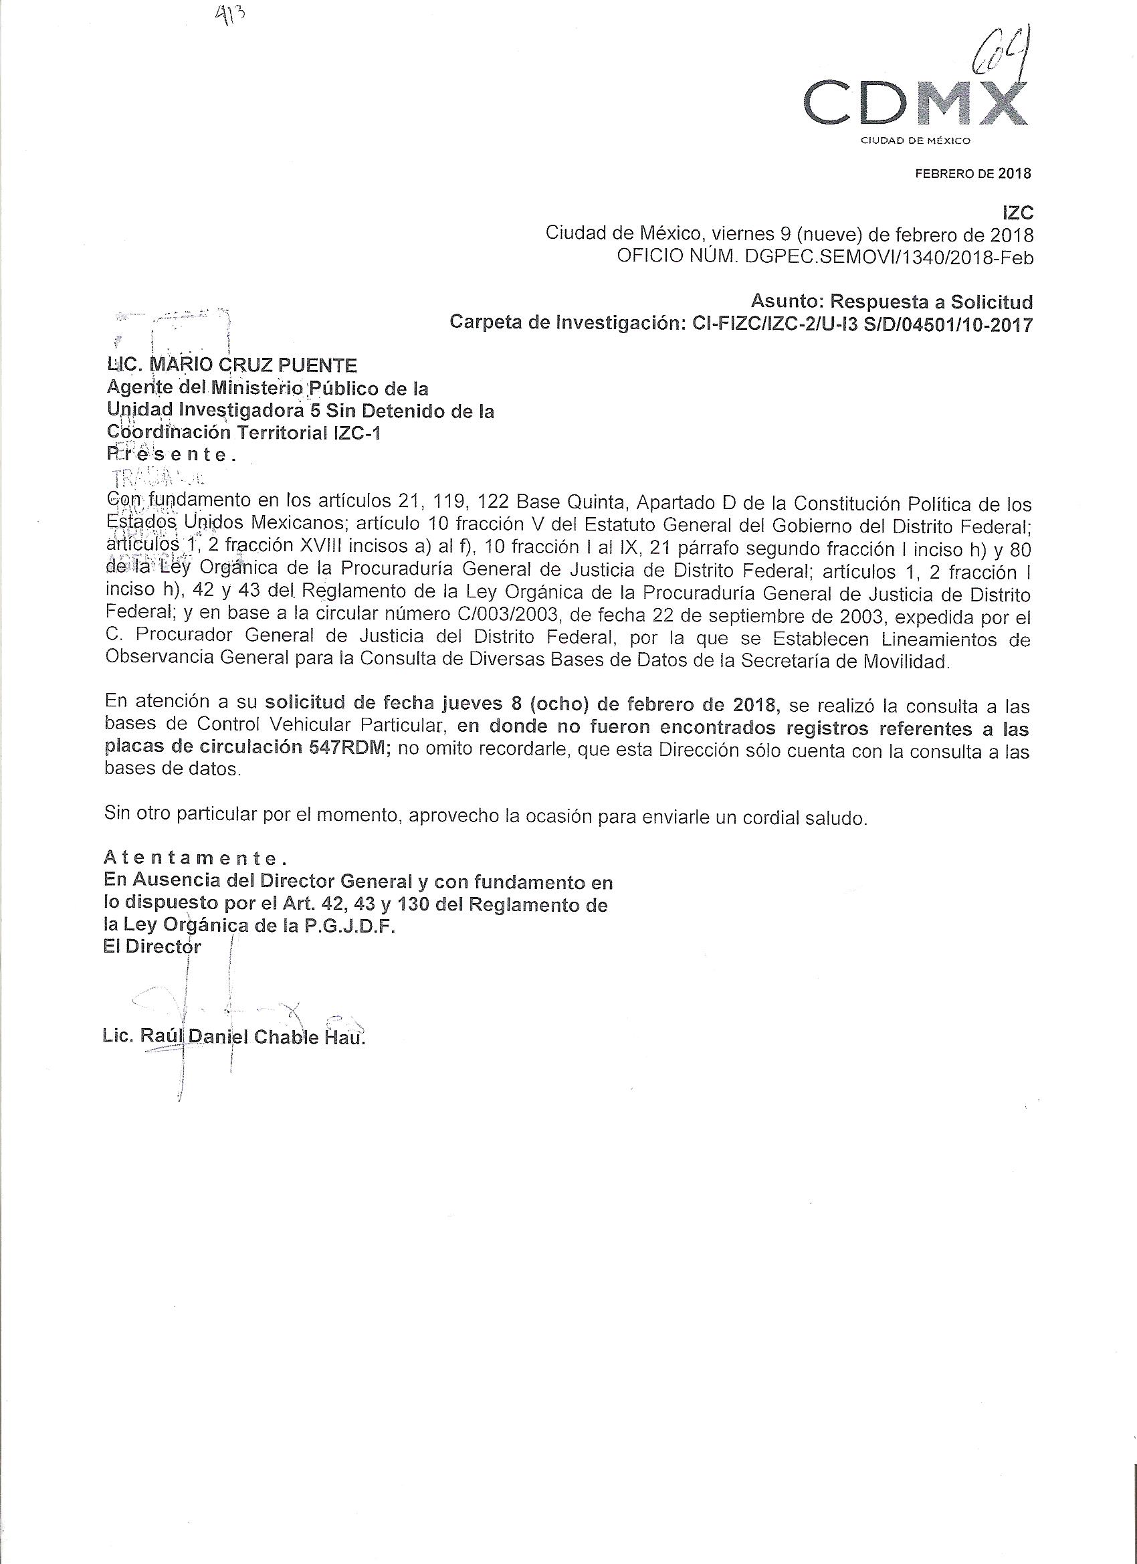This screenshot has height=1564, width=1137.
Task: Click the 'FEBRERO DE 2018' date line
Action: (x=972, y=174)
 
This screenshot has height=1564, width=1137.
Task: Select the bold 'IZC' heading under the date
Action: (x=1019, y=213)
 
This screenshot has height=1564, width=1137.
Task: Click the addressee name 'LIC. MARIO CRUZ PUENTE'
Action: (x=231, y=365)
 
